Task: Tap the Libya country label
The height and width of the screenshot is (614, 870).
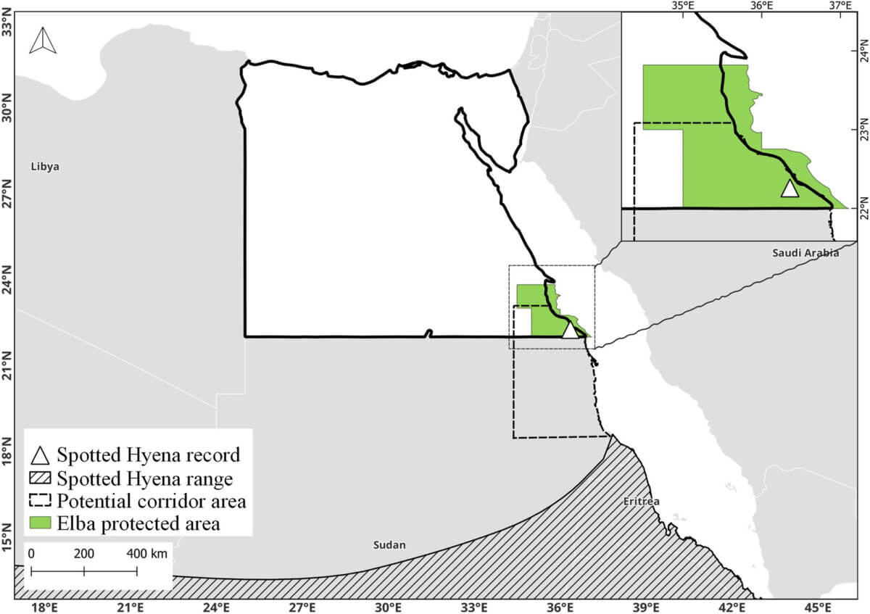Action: (x=45, y=167)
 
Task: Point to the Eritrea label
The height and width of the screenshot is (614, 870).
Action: (x=641, y=501)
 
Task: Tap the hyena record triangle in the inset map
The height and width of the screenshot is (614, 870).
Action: (x=790, y=188)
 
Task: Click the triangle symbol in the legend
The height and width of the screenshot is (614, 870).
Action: (x=41, y=456)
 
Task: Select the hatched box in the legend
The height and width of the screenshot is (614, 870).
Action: (x=41, y=479)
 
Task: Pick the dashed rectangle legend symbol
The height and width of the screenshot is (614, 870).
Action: (x=41, y=502)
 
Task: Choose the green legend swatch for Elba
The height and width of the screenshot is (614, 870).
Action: (x=41, y=523)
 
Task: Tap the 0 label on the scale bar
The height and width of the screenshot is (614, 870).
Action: (x=31, y=554)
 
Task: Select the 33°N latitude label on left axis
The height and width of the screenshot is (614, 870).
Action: (x=7, y=28)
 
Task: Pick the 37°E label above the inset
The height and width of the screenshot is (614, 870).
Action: (x=841, y=6)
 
